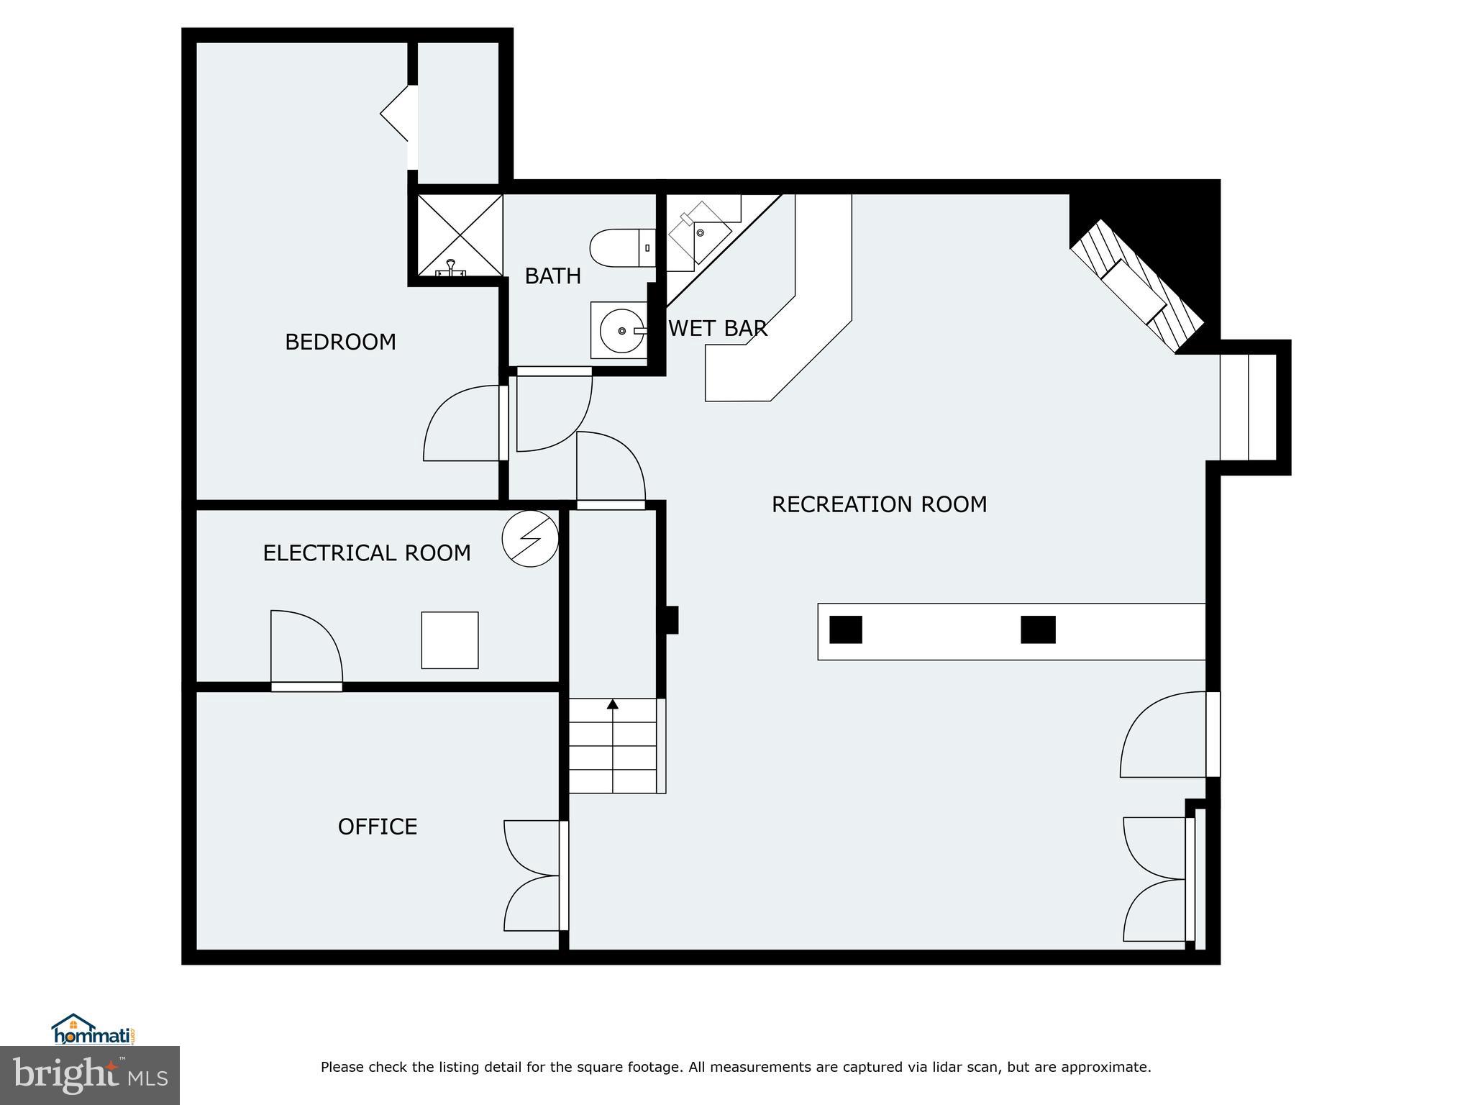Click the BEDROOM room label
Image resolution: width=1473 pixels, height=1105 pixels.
(340, 342)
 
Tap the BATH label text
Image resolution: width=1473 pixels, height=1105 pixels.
(552, 276)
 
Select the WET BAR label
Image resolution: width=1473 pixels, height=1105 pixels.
(718, 329)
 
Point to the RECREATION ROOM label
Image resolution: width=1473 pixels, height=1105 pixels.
(879, 504)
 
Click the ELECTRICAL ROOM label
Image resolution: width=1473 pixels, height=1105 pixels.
(367, 553)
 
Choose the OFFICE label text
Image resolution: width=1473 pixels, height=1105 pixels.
(378, 827)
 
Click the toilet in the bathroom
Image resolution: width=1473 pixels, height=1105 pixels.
(620, 247)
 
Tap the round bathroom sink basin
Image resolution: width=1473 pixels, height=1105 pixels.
(621, 331)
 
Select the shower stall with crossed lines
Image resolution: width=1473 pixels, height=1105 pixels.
(460, 235)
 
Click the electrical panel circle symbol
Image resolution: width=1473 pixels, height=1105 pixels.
(530, 538)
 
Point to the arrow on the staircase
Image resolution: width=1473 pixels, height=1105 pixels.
(613, 705)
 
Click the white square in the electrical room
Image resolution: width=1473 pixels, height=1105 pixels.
(450, 640)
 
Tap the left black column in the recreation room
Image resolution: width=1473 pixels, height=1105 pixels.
(846, 629)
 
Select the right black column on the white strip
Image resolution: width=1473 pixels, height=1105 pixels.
(1038, 629)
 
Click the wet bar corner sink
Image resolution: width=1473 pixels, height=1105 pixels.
(699, 232)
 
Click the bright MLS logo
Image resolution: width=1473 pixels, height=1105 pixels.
(89, 1075)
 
